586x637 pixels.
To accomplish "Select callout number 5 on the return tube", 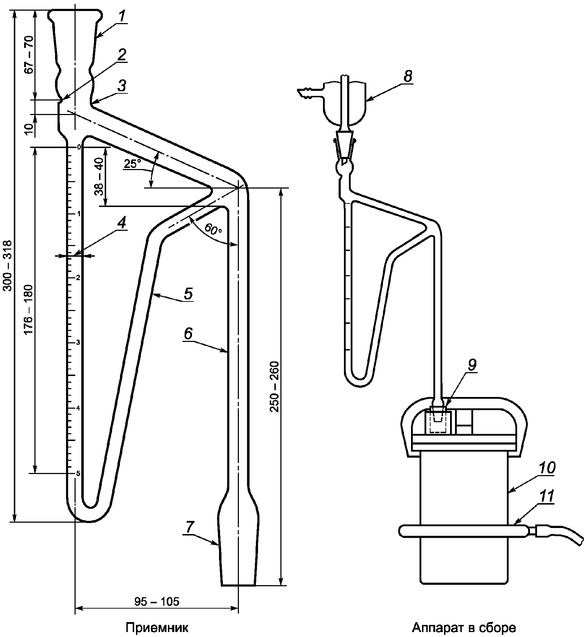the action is click(188, 294).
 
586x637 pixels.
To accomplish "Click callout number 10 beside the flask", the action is click(547, 468).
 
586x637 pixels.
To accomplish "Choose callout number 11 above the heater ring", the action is click(546, 497).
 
